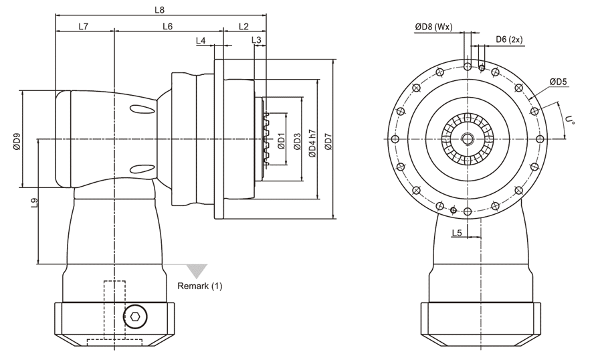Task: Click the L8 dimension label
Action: click(x=159, y=10)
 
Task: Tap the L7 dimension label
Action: click(x=84, y=26)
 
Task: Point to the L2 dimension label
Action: click(x=243, y=26)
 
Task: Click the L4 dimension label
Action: click(x=201, y=41)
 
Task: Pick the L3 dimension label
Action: click(x=256, y=41)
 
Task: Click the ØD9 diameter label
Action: click(x=17, y=141)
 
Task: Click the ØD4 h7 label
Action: click(x=312, y=141)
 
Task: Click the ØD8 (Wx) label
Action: click(x=433, y=27)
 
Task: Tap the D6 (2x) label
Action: click(x=509, y=39)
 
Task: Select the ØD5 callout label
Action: click(x=559, y=82)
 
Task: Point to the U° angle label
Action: click(x=570, y=122)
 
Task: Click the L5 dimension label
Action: click(x=457, y=232)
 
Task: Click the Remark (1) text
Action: click(x=199, y=286)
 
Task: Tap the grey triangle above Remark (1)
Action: click(x=197, y=270)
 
